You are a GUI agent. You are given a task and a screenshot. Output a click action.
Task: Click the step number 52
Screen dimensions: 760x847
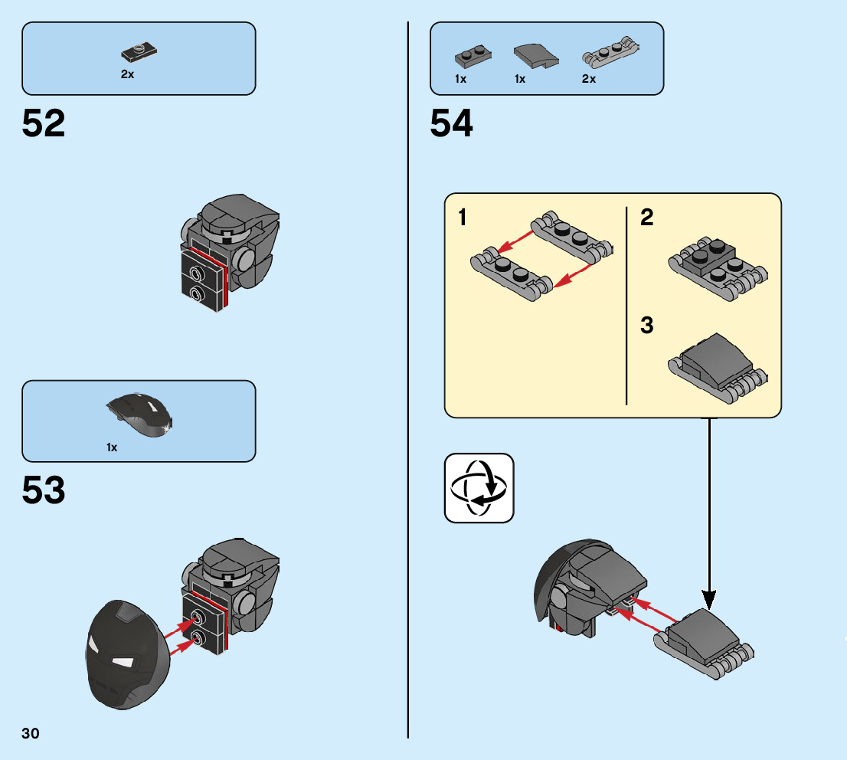pyautogui.click(x=44, y=123)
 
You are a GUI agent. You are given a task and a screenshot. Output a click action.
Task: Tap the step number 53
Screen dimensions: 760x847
pyautogui.click(x=44, y=491)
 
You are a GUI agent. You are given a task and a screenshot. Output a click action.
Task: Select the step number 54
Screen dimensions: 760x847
pyautogui.click(x=452, y=123)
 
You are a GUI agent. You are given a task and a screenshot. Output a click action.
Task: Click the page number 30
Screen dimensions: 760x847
pyautogui.click(x=31, y=734)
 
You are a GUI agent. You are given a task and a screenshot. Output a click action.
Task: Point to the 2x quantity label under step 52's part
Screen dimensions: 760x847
pyautogui.click(x=127, y=75)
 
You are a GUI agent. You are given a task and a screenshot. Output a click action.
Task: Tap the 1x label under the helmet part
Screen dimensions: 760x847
pyautogui.click(x=112, y=447)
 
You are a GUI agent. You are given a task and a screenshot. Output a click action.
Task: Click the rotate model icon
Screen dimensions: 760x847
pyautogui.click(x=479, y=488)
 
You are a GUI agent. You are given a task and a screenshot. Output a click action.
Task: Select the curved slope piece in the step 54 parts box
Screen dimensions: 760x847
pyautogui.click(x=532, y=54)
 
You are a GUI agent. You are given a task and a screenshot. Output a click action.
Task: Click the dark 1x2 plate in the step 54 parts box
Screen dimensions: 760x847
pyautogui.click(x=473, y=55)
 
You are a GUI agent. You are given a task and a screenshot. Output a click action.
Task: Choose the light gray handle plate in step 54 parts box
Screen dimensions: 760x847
pyautogui.click(x=609, y=54)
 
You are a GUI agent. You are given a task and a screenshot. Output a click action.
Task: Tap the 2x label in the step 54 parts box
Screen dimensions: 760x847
pyautogui.click(x=588, y=79)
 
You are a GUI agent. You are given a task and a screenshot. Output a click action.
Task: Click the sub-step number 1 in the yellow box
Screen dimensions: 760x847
pyautogui.click(x=463, y=218)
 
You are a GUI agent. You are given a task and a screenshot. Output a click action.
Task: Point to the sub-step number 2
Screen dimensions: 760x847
pyautogui.click(x=647, y=218)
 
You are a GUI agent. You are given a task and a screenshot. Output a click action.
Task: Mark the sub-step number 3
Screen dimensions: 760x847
pyautogui.click(x=647, y=326)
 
